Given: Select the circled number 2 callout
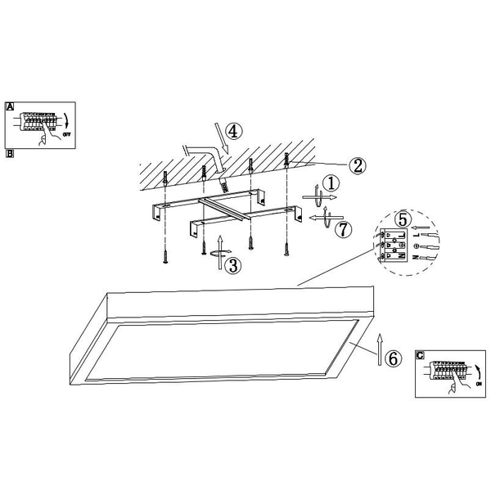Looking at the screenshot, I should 356,165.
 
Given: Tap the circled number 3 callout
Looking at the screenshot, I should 233,266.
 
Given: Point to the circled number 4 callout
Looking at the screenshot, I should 233,131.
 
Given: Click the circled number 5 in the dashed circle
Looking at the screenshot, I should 402,219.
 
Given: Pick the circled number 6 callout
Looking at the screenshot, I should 393,358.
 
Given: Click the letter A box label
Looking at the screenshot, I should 10,106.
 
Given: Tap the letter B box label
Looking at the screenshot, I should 10,152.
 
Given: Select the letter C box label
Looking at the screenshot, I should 420,355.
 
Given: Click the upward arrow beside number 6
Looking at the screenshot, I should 379,347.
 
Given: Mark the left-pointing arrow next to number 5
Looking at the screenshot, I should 420,228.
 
